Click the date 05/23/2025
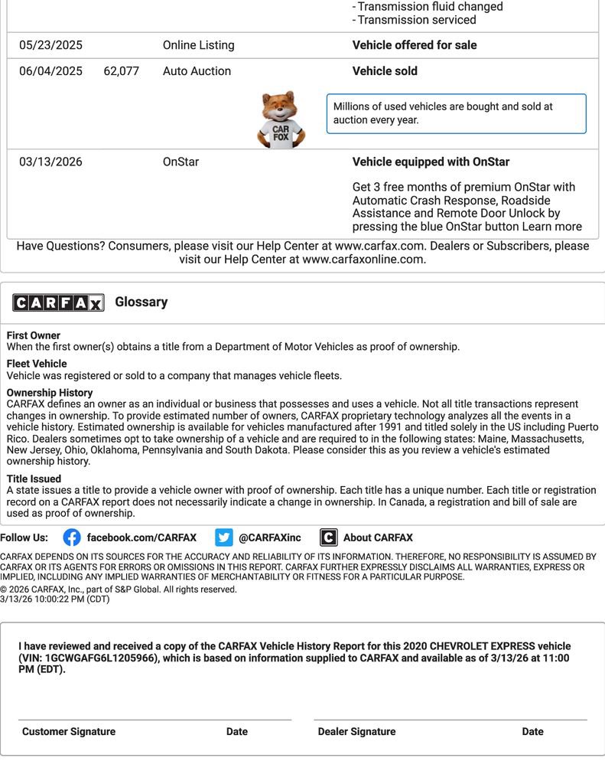pyautogui.click(x=50, y=45)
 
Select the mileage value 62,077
pyautogui.click(x=121, y=71)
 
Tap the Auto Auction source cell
pyautogui.click(x=197, y=71)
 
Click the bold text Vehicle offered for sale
pyautogui.click(x=414, y=45)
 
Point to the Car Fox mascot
pyautogui.click(x=281, y=119)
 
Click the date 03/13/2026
pyautogui.click(x=50, y=162)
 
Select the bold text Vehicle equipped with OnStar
pyautogui.click(x=431, y=162)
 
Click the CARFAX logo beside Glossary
pyautogui.click(x=58, y=302)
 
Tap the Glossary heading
pyautogui.click(x=141, y=302)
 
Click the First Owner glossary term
pyautogui.click(x=34, y=335)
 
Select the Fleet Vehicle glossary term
pyautogui.click(x=37, y=364)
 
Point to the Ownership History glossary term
pyautogui.click(x=50, y=393)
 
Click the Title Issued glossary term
pyautogui.click(x=34, y=479)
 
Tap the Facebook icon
pyautogui.click(x=72, y=537)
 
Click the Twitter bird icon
pyautogui.click(x=223, y=537)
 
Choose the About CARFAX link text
pyautogui.click(x=378, y=537)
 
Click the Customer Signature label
pyautogui.click(x=69, y=731)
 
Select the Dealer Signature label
pyautogui.click(x=356, y=731)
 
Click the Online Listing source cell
pyautogui.click(x=198, y=45)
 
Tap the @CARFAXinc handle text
pyautogui.click(x=269, y=537)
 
